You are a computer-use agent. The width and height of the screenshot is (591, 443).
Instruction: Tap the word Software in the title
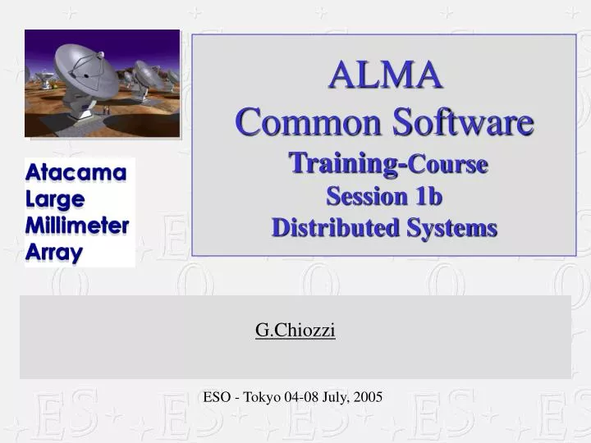(447, 123)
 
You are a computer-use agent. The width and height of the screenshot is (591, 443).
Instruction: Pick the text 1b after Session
(428, 197)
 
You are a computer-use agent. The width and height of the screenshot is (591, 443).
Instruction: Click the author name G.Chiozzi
(295, 330)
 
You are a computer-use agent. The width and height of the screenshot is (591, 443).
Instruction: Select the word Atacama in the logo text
(76, 173)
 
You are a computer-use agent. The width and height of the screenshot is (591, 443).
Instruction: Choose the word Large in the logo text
(55, 199)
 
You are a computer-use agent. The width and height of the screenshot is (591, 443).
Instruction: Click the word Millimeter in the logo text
(77, 226)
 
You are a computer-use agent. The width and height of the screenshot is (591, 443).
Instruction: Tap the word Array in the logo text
(54, 252)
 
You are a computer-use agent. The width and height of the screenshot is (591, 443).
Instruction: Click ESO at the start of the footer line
(217, 397)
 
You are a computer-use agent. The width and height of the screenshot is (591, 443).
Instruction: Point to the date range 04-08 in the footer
(300, 397)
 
